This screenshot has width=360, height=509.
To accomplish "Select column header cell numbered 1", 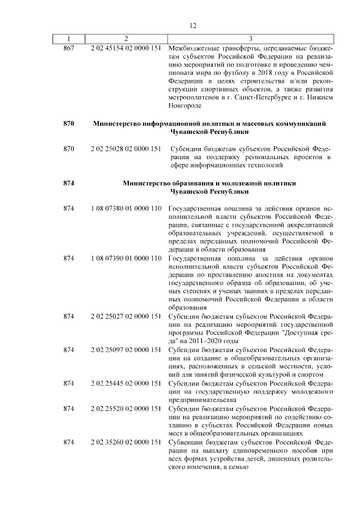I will (x=69, y=39).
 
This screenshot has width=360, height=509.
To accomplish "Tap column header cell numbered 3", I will (x=251, y=39).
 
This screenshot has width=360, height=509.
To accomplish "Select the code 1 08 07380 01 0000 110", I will (x=126, y=208).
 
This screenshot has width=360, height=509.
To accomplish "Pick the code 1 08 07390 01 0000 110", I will (x=126, y=258).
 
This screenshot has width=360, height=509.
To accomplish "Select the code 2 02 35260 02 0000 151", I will (x=126, y=442).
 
